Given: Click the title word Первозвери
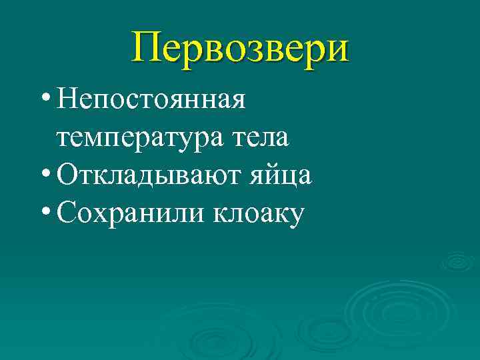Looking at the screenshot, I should pyautogui.click(x=240, y=47).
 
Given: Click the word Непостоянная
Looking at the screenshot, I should pyautogui.click(x=152, y=101).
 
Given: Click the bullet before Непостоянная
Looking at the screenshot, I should pyautogui.click(x=44, y=99).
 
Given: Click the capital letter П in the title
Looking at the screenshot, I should pyautogui.click(x=147, y=47).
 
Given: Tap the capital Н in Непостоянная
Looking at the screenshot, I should pyautogui.click(x=67, y=100).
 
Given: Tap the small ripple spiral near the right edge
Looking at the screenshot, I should pyautogui.click(x=458, y=261).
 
